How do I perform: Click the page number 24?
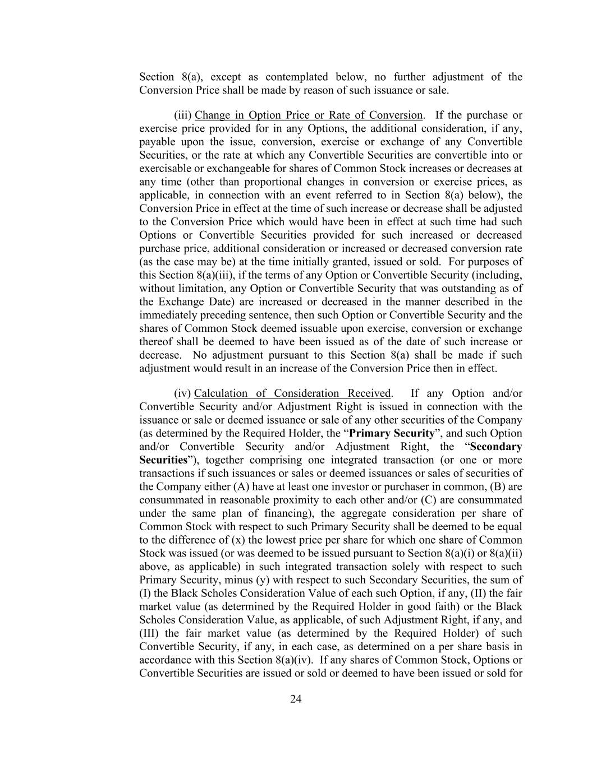tap(296, 699)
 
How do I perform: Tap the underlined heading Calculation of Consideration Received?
tap(292, 393)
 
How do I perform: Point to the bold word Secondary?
tap(496, 447)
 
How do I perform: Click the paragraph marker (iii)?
tap(183, 115)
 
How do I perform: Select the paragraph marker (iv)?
tap(182, 393)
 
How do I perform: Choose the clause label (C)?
tap(421, 500)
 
